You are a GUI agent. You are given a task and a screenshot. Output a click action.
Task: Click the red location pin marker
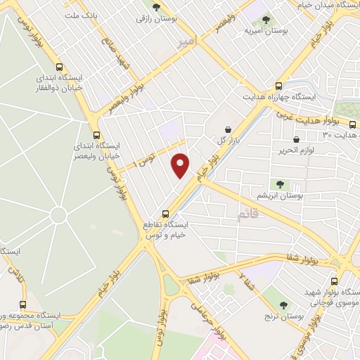point(181,165)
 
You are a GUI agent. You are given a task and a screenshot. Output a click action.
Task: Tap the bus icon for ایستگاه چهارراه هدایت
point(279,83)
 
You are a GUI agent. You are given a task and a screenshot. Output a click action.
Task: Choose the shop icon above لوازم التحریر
point(303,139)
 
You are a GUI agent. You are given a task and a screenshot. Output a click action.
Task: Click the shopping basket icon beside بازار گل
point(229,129)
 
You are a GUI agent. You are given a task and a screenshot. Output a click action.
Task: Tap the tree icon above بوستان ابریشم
point(280,184)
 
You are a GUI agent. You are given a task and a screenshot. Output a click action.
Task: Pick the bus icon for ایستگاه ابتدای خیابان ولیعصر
point(97,136)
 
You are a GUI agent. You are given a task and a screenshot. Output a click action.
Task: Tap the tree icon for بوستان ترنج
point(283,304)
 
